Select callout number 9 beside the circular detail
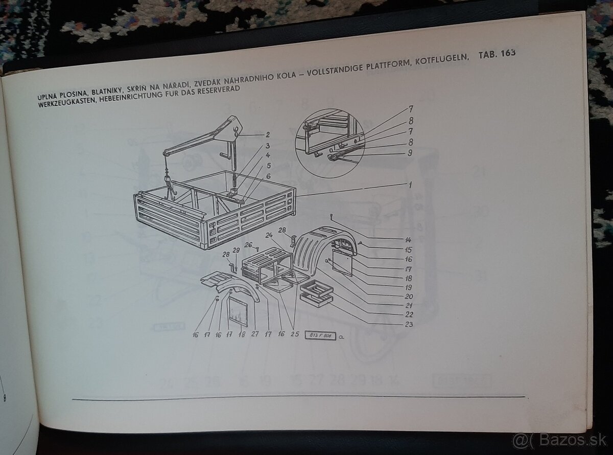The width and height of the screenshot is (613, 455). coord(410,152)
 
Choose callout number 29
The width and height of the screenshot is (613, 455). coord(237,250)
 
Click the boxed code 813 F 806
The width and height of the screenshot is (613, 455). coord(320,335)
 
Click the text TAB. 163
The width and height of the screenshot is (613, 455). coord(497,54)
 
